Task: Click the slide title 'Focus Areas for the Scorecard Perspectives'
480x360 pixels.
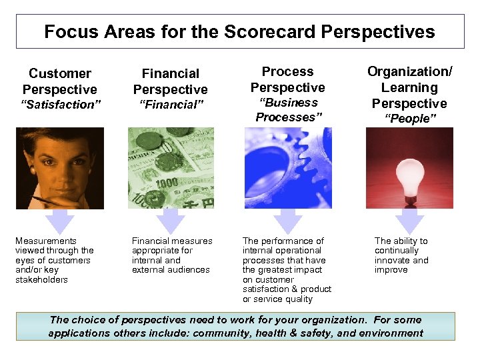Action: pos(239,31)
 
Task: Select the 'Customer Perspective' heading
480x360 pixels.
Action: pos(60,81)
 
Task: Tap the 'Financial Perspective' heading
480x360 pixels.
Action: pos(170,81)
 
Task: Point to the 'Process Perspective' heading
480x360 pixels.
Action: pos(287,79)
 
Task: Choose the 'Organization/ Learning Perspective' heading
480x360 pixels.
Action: pos(409,87)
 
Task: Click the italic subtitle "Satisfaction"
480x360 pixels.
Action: pos(60,104)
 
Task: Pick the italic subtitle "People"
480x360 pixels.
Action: pos(409,118)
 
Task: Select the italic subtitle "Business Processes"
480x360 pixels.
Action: pos(287,110)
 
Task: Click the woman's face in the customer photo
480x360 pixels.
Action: pos(59,160)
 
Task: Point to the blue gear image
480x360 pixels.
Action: pos(287,168)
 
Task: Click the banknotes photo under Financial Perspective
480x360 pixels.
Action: pos(171,168)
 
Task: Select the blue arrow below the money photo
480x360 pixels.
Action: pos(171,221)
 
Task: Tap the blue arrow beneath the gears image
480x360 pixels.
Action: pos(288,221)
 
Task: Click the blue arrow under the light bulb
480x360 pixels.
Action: pos(409,221)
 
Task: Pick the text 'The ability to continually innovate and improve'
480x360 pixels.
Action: pos(401,255)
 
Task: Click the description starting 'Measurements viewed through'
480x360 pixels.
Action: pos(55,260)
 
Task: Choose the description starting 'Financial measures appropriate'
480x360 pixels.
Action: pos(172,255)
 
